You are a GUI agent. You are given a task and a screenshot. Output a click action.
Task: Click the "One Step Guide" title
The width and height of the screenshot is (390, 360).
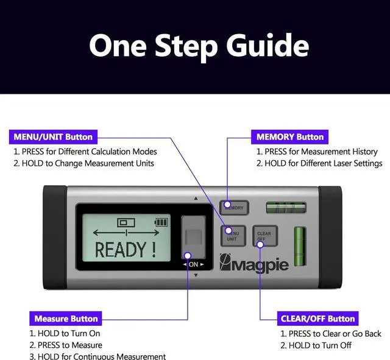(199, 46)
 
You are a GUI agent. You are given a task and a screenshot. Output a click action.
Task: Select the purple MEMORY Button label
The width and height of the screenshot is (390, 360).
(290, 136)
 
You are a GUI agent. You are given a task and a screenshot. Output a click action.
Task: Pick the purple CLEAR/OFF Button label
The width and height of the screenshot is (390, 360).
(317, 318)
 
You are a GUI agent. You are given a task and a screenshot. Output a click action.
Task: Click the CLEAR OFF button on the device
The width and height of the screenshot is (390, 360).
(264, 236)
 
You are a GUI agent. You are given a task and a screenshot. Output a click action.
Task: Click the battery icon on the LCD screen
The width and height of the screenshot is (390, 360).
(161, 222)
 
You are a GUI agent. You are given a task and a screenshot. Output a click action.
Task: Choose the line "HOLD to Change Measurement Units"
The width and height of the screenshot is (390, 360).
(84, 163)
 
